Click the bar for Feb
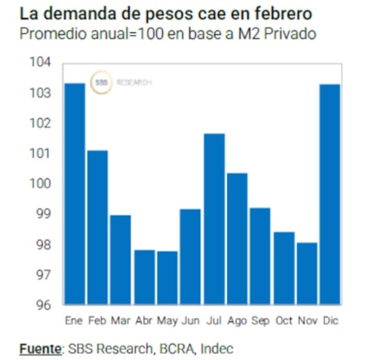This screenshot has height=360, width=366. click(x=98, y=227)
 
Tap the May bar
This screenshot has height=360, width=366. click(x=167, y=277)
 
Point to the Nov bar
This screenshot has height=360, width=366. click(x=307, y=273)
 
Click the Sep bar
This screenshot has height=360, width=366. click(x=260, y=256)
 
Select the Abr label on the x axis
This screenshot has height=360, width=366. click(x=144, y=321)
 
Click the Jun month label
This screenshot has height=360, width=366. click(x=190, y=321)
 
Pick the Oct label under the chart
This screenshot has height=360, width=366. click(x=284, y=321)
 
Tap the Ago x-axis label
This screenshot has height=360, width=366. click(x=237, y=321)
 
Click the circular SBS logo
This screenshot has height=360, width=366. click(x=101, y=83)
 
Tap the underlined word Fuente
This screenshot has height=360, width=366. click(x=40, y=349)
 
